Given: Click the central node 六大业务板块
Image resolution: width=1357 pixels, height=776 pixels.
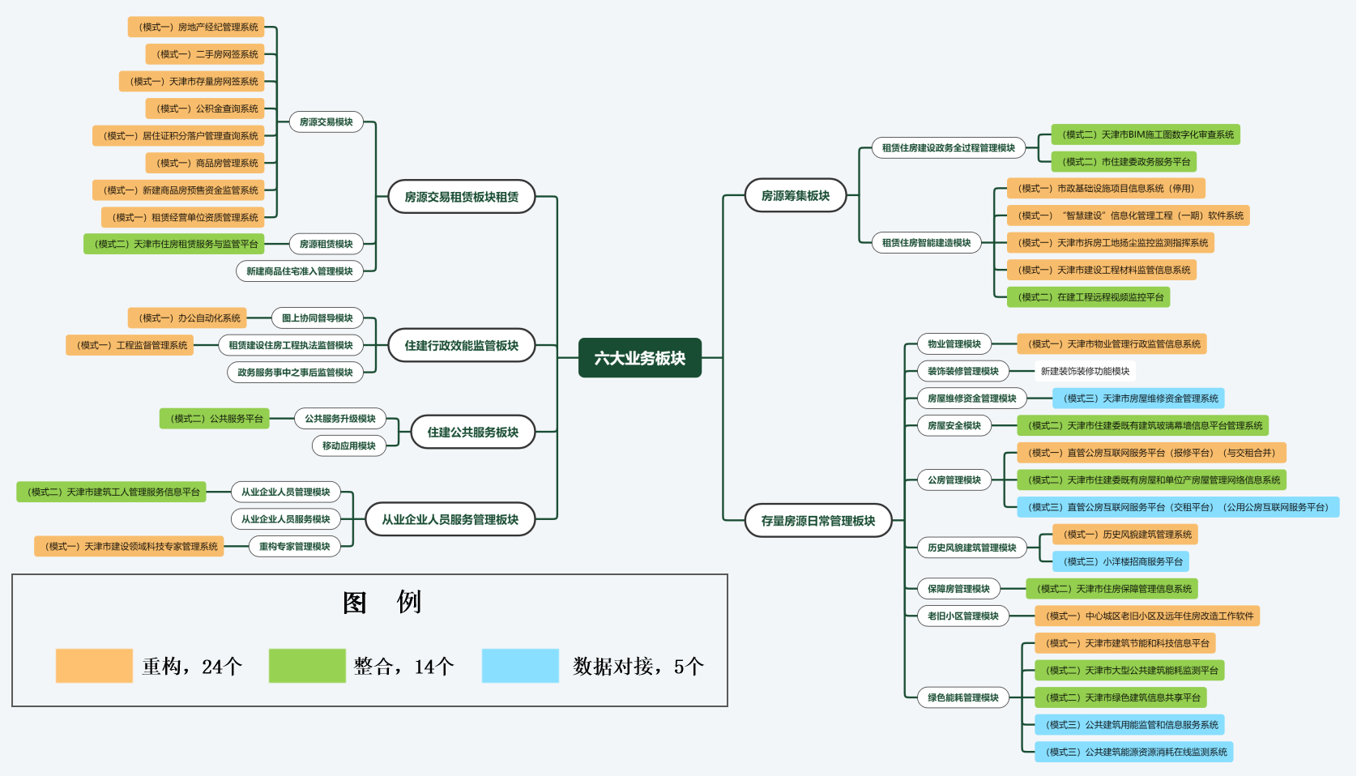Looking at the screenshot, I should (639, 358).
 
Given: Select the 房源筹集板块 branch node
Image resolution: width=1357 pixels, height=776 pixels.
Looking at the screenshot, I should (795, 196).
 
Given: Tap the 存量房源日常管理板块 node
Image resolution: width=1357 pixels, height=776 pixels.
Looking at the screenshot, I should (817, 521).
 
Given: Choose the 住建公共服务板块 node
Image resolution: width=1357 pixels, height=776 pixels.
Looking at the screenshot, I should (472, 433).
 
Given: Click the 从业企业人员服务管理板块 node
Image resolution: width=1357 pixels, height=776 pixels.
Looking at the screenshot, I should (450, 520).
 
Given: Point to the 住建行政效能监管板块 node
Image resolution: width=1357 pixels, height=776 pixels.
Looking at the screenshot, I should (461, 346).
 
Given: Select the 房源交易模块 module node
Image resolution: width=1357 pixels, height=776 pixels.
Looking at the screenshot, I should (326, 122).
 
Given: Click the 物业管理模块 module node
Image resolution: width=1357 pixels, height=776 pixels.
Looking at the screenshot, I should (954, 344).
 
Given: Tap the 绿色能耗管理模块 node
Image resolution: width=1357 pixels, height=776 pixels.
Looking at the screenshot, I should (962, 697).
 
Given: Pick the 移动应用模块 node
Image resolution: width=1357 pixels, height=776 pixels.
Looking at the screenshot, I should (348, 446).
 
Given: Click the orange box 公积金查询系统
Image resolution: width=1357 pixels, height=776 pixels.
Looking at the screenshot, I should (207, 109).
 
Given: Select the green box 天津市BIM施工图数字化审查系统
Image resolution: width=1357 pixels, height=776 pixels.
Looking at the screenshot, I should (1146, 134).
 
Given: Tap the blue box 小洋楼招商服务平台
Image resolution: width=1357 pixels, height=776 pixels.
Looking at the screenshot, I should (1121, 561).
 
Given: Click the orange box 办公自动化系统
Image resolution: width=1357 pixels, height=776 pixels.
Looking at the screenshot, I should (188, 318).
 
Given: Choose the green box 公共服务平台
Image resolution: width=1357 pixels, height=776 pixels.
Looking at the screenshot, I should (215, 419).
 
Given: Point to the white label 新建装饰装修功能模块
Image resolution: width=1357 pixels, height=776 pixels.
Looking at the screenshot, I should (1085, 371).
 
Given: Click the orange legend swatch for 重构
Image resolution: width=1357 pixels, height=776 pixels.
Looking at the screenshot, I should (94, 666).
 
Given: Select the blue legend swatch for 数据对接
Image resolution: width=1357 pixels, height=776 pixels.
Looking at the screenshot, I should (520, 666).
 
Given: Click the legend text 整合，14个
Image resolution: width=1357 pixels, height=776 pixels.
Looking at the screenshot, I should (403, 667).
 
